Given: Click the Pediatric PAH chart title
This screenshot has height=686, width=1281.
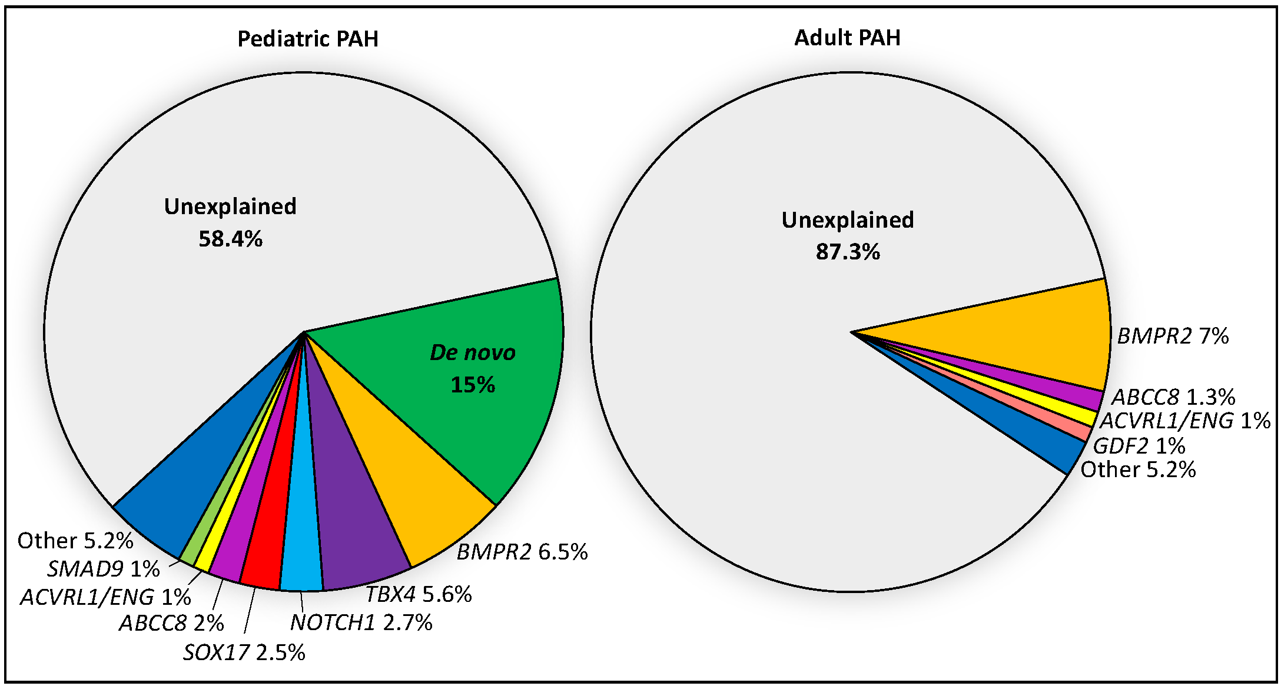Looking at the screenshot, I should (x=307, y=39).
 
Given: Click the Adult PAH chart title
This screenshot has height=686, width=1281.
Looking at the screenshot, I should (x=847, y=38).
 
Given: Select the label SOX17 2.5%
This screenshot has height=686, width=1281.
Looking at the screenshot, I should (x=244, y=652).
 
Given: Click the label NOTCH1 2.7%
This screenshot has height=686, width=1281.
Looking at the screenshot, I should (x=361, y=622).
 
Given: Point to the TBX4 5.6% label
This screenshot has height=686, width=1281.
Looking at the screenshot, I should (x=419, y=594).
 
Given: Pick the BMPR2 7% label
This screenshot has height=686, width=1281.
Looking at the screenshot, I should (x=1173, y=336).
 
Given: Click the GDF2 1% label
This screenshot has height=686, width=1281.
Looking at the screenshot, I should (x=1139, y=446).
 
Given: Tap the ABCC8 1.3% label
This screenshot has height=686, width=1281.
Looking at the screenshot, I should (x=1173, y=397).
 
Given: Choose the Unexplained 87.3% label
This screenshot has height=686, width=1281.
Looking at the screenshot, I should (x=847, y=235).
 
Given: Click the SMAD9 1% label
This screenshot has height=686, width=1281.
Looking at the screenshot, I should (x=103, y=569).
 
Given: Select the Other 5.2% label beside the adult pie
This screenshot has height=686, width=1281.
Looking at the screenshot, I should (x=1138, y=469).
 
